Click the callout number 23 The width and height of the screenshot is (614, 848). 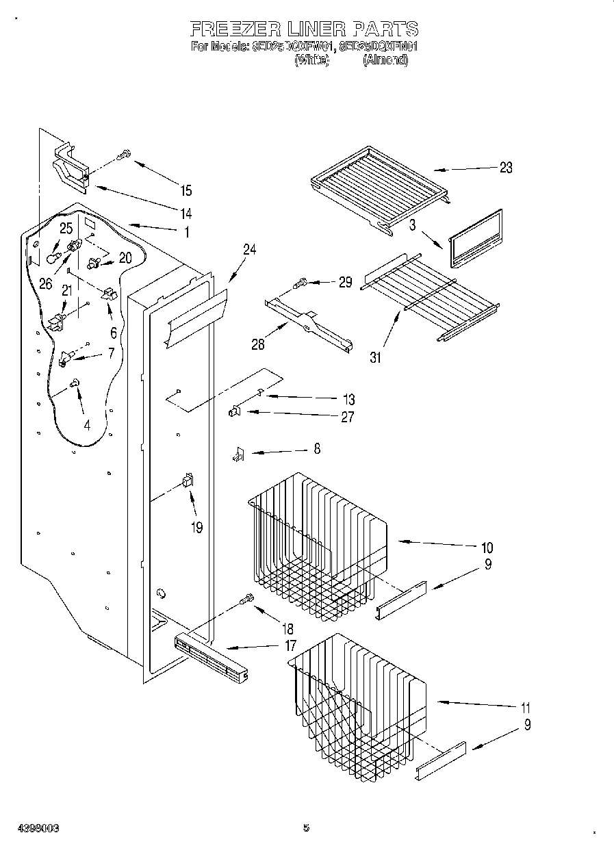[505, 168]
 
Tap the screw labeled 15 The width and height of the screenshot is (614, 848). [124, 155]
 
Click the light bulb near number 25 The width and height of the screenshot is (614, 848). [53, 257]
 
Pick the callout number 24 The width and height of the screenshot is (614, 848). [248, 250]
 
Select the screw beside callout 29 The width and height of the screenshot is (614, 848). [300, 281]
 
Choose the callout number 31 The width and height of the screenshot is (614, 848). [375, 357]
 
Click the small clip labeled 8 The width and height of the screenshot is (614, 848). [238, 454]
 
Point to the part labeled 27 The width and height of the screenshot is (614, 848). [234, 411]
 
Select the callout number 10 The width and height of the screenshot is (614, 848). [487, 548]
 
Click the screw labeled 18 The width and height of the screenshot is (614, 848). [246, 600]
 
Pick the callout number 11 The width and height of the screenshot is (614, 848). [526, 708]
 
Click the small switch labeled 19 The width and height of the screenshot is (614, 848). [186, 482]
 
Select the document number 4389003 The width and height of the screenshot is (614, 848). [32, 827]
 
